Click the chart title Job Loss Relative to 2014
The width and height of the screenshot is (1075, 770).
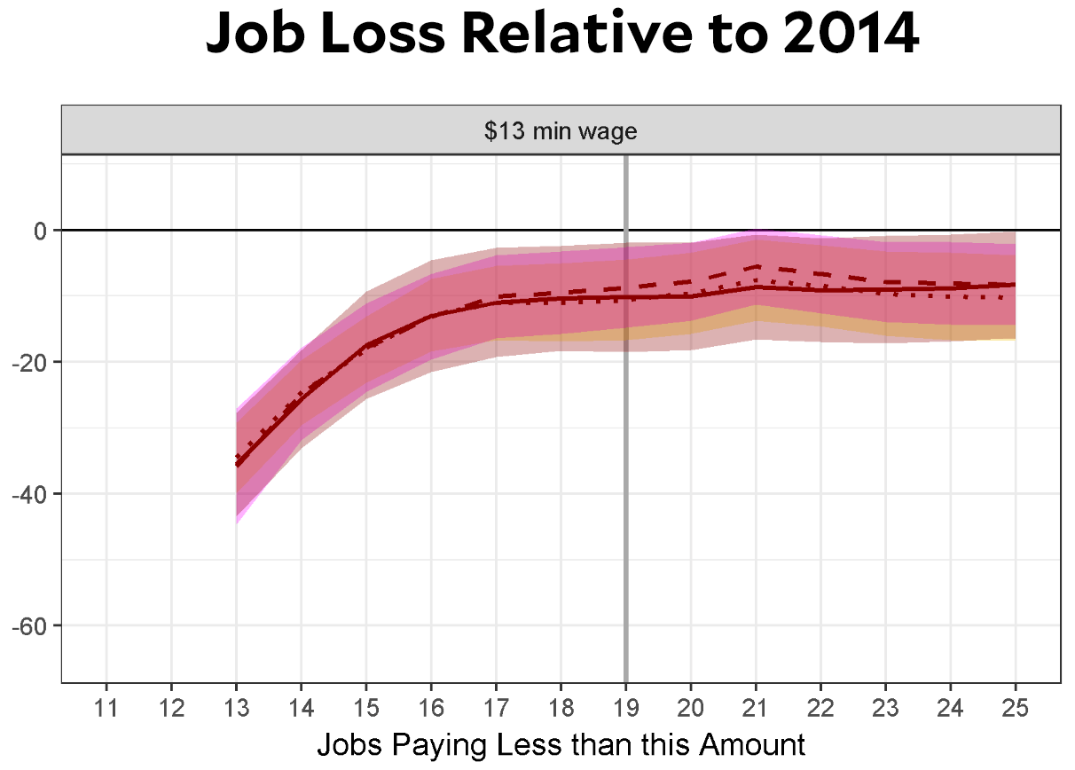pos(562,35)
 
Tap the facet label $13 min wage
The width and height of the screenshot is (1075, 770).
pos(561,132)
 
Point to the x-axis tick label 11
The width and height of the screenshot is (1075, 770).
pos(106,707)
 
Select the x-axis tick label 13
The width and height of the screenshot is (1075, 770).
pos(236,707)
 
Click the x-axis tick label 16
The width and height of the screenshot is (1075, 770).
pos(431,707)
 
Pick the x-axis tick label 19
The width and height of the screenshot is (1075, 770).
pos(626,707)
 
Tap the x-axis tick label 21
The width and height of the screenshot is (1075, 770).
pos(756,707)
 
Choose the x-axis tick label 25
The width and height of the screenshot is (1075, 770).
pos(1016,707)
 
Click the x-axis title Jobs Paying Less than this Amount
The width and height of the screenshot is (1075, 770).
pos(561,744)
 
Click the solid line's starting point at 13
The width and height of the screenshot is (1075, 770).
pos(237,464)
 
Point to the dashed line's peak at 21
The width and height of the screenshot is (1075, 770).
pos(756,266)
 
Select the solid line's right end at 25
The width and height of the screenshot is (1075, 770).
pos(1015,285)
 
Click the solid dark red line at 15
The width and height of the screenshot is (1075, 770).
pos(366,344)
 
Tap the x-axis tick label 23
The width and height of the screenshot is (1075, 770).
pos(886,707)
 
